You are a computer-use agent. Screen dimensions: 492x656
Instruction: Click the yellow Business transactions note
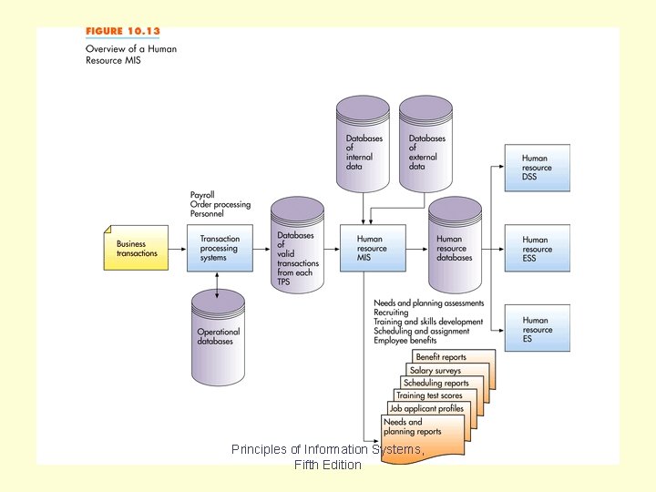click(x=137, y=248)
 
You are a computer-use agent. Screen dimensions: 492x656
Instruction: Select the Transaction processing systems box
click(x=220, y=248)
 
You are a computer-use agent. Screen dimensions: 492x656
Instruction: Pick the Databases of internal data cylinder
click(x=363, y=148)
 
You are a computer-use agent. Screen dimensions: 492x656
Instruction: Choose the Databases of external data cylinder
click(x=425, y=148)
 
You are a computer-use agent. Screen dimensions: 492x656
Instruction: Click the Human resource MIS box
click(x=373, y=248)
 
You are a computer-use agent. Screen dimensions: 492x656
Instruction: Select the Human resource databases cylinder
click(x=455, y=247)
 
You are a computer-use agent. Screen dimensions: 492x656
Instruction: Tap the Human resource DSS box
click(x=538, y=168)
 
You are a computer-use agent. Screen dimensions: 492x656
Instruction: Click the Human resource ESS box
click(x=538, y=249)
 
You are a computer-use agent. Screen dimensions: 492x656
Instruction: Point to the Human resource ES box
click(x=538, y=329)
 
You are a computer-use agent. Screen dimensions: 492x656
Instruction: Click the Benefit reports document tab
click(x=441, y=357)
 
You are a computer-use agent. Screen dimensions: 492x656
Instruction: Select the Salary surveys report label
click(x=436, y=371)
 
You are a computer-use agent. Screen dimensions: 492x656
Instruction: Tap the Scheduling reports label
click(x=436, y=384)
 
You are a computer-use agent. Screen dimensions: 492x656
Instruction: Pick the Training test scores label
click(x=429, y=396)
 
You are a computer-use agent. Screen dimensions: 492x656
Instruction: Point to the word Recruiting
click(x=392, y=313)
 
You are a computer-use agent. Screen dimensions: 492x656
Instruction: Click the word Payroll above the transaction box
click(x=202, y=195)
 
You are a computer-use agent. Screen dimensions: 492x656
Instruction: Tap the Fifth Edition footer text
click(x=328, y=465)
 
